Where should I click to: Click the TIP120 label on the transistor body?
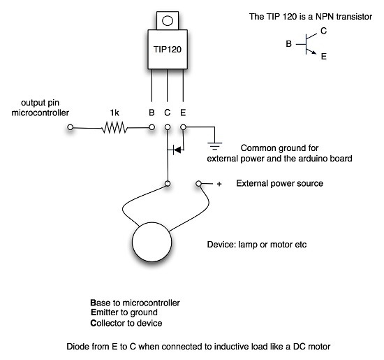[167, 50]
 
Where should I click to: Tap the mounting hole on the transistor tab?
[168, 20]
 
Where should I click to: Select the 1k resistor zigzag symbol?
[115, 128]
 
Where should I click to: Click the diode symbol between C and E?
[176, 149]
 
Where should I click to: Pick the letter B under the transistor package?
[152, 112]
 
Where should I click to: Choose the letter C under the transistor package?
[168, 112]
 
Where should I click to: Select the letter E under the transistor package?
[183, 112]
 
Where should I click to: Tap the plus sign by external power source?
[219, 184]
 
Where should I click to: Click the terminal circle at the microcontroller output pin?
[70, 128]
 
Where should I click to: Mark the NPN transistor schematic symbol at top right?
[307, 45]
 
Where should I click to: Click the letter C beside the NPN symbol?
[323, 31]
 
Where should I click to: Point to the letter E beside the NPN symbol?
[323, 59]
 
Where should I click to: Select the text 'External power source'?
[279, 184]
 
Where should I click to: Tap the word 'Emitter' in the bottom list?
[107, 312]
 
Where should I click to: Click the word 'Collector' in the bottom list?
[110, 323]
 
